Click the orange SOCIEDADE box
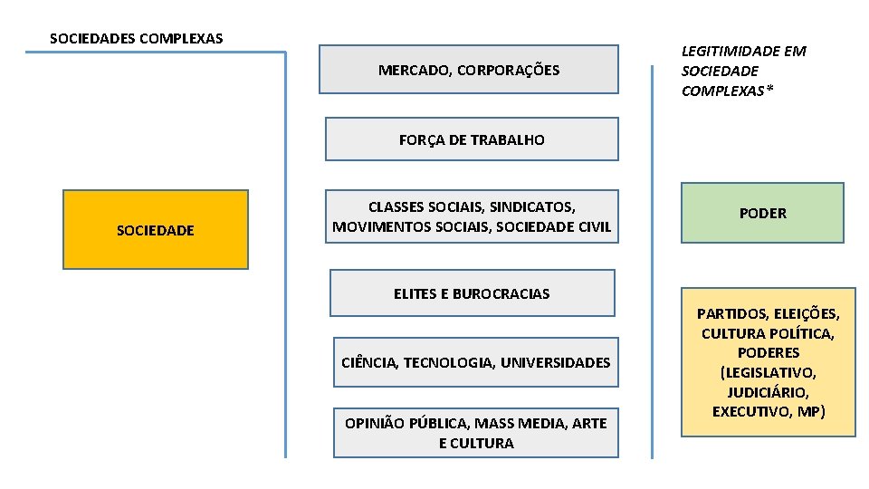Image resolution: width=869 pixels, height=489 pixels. point(155,230)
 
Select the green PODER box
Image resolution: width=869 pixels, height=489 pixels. point(762,213)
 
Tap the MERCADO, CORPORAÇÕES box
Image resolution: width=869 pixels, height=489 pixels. point(468,70)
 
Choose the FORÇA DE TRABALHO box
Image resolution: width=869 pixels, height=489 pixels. point(472,139)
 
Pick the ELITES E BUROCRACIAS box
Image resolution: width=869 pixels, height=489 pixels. point(472,293)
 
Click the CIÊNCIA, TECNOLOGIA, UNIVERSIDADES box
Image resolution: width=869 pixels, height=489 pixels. point(475,362)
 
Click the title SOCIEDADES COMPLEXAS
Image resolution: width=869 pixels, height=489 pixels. point(136,38)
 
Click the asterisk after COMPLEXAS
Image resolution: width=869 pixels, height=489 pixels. point(770,91)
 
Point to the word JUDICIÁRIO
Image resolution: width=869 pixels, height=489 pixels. point(768,392)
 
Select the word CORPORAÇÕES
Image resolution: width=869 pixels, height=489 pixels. point(509,70)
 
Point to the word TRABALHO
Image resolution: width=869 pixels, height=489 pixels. point(511,139)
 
